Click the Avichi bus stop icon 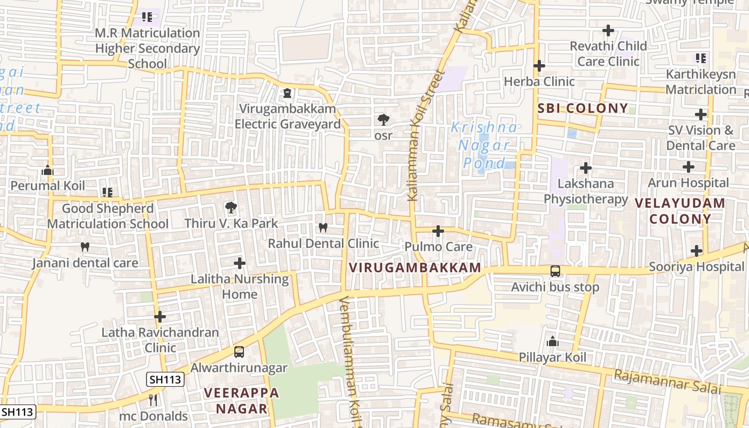(x=555, y=271)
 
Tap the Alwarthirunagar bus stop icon (x=239, y=352)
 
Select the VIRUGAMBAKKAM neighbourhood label (x=415, y=267)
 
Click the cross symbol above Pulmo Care (x=438, y=231)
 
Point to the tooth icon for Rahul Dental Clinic (x=323, y=227)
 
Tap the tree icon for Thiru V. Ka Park (x=231, y=207)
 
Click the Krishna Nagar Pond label (x=484, y=145)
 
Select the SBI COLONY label (x=583, y=109)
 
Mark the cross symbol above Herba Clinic (x=539, y=66)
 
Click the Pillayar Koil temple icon (x=553, y=341)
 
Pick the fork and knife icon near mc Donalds (x=153, y=400)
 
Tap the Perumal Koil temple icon (x=48, y=170)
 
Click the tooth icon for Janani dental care (x=85, y=247)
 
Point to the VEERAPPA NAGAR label (x=241, y=401)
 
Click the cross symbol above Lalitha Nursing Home (x=240, y=263)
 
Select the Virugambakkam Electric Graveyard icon (x=287, y=93)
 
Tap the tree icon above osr (x=383, y=120)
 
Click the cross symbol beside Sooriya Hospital (x=696, y=250)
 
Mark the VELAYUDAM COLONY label (x=680, y=211)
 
